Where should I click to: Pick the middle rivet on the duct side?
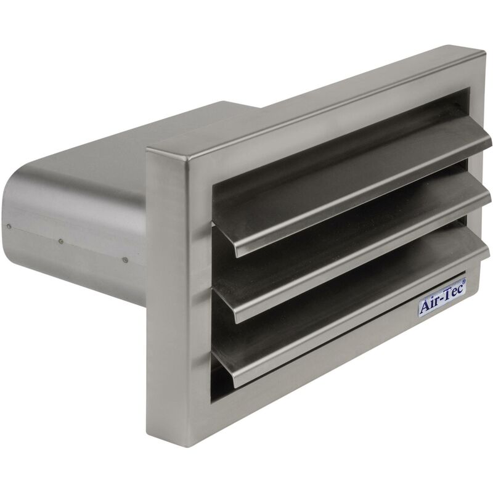(61, 241)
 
